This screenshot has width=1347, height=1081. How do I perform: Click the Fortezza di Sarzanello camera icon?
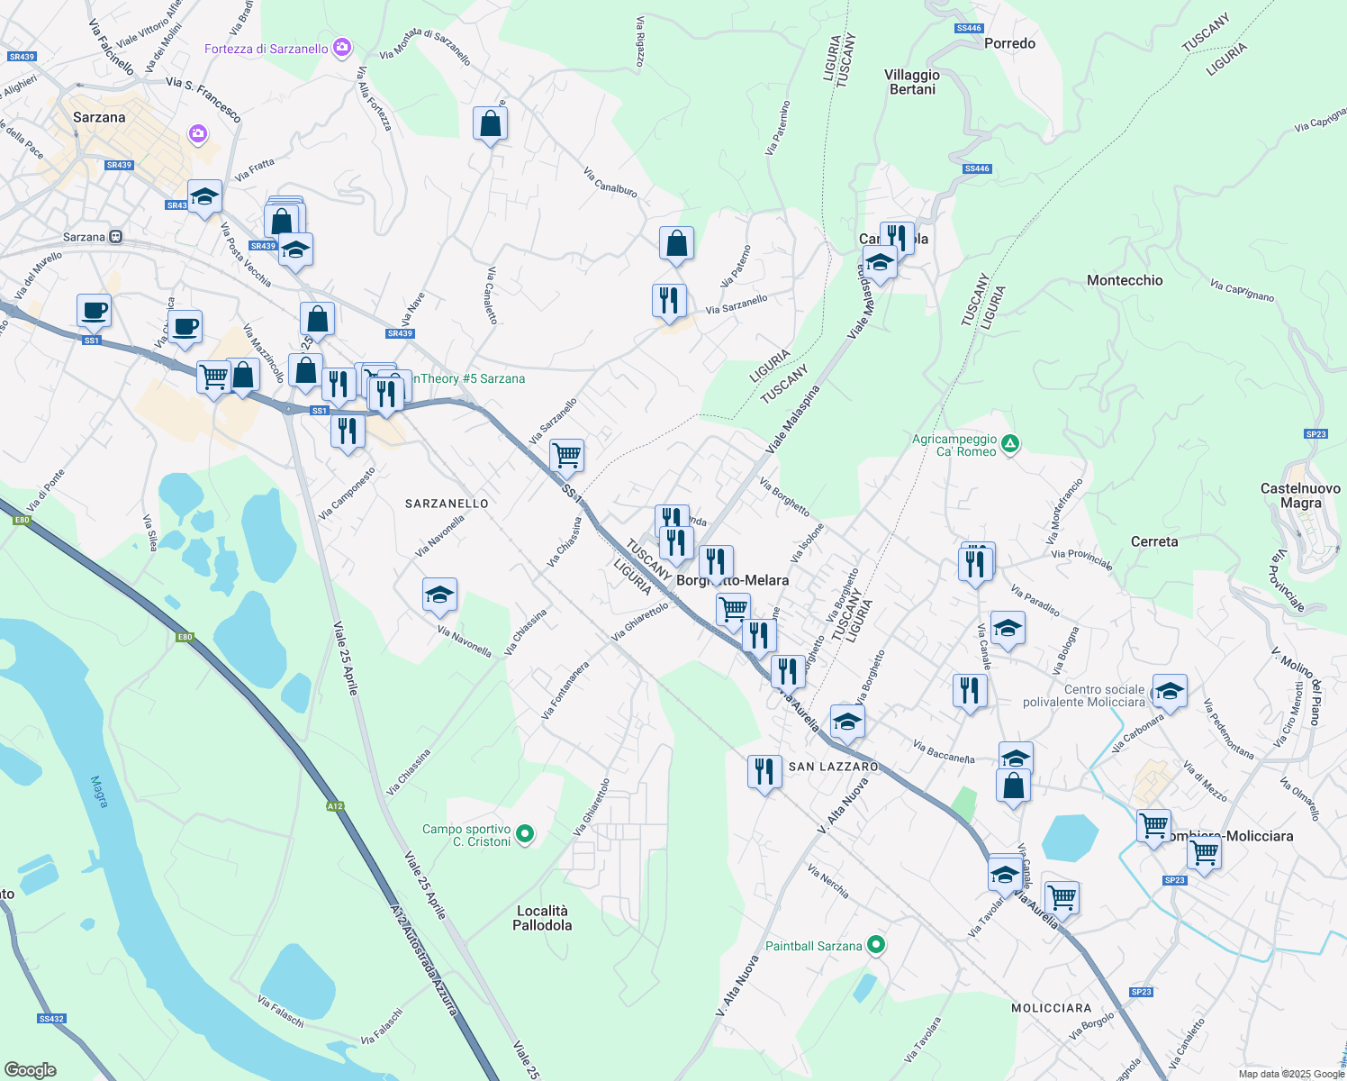pos(342,48)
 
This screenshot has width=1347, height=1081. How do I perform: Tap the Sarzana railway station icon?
pos(116,237)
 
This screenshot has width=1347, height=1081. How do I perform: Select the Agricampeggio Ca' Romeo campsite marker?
pos(1010,443)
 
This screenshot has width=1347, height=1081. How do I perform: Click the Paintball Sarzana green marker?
pos(876,945)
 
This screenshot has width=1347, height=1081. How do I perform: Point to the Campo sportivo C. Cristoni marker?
pos(526,835)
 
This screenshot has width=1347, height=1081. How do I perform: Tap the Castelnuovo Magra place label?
pos(1300,495)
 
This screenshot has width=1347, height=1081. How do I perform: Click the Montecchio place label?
pos(1125,280)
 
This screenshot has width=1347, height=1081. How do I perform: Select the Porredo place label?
pos(1009,43)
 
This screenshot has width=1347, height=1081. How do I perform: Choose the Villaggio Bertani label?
pos(912,82)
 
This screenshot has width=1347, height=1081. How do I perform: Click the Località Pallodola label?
pos(542,918)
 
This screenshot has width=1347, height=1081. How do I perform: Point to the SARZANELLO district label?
pos(447,504)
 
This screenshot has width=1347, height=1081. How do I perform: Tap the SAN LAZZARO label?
pos(833,767)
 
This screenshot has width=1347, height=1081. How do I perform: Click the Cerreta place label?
pos(1153,541)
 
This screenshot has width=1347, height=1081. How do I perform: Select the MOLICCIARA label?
pos(1051,1008)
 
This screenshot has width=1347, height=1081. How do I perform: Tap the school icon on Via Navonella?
pos(439,595)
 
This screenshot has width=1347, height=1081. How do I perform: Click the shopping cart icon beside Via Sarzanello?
pos(566,456)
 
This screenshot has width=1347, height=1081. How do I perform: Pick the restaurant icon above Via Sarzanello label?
pos(669,300)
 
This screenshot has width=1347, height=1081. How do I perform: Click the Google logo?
pos(31,1070)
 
